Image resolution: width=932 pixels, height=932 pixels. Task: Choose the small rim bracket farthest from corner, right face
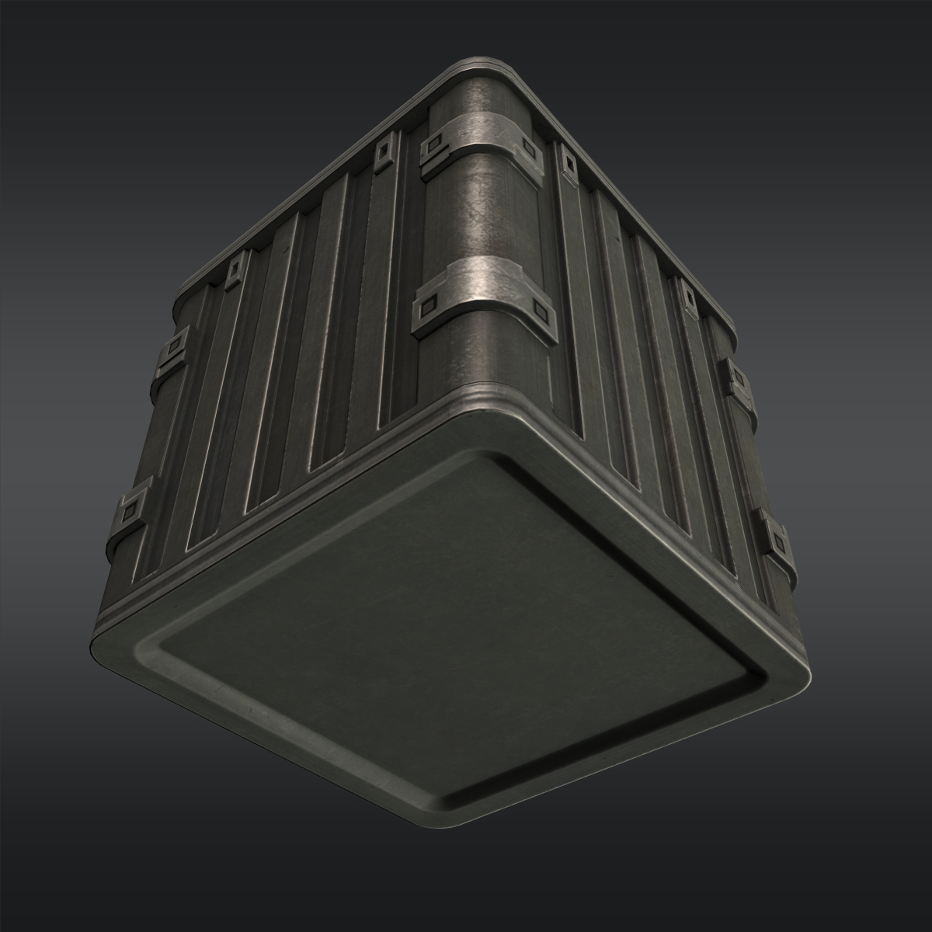tap(687, 295)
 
